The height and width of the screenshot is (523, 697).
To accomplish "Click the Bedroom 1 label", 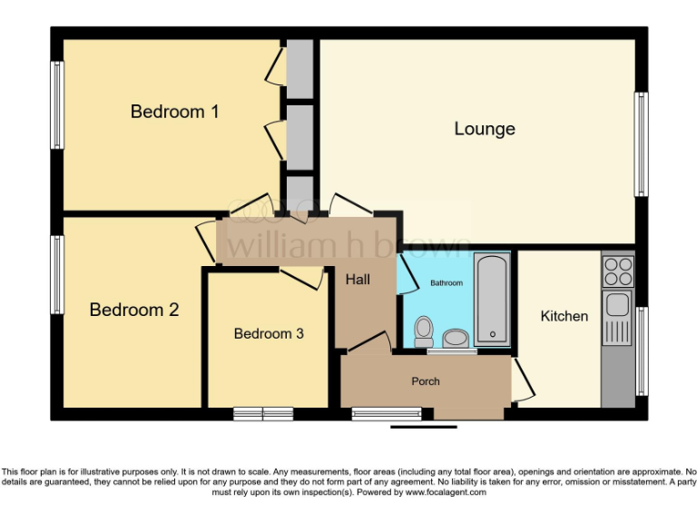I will [175, 112].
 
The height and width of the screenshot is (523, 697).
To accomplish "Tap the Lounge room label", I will [485, 129].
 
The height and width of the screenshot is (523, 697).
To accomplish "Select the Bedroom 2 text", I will [134, 310].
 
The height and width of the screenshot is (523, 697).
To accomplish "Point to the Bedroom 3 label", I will [269, 333].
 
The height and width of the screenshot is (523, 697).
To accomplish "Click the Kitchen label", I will [564, 316].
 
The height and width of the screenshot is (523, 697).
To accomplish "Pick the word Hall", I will [358, 280].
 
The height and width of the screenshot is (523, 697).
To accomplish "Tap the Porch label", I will [426, 381].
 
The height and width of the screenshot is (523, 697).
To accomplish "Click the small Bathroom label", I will [446, 283].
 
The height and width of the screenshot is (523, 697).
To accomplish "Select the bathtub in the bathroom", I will [493, 300].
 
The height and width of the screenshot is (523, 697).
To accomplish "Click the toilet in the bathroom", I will [423, 331].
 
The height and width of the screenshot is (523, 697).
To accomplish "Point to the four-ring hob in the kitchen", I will [618, 271].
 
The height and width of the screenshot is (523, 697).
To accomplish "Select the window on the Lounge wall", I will [641, 143].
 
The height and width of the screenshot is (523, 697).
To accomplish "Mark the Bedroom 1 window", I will [57, 104].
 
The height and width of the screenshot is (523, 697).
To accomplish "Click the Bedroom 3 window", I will [263, 414].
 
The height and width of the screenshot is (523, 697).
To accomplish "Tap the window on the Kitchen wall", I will [641, 351].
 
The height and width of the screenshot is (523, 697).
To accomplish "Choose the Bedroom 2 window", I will [57, 275].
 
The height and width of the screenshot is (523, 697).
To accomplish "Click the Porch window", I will [381, 414].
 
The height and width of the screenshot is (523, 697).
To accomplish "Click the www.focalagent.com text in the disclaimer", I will [445, 493].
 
